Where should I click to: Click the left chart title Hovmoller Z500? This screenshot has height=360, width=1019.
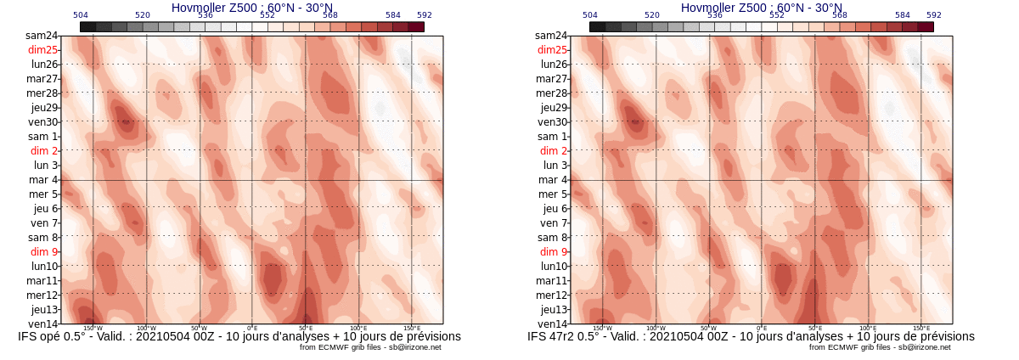pyautogui.click(x=251, y=8)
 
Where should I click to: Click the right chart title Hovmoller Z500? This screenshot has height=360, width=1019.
pyautogui.click(x=761, y=8)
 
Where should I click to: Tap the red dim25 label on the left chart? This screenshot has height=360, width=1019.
pyautogui.click(x=42, y=50)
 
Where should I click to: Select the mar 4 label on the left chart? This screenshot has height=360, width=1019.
pyautogui.click(x=43, y=180)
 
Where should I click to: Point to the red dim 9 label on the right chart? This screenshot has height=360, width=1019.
pyautogui.click(x=553, y=252)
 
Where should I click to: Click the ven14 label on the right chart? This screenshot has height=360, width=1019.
pyautogui.click(x=552, y=324)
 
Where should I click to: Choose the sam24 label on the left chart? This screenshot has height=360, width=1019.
pyautogui.click(x=42, y=36)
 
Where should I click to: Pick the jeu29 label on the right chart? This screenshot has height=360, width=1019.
pyautogui.click(x=554, y=108)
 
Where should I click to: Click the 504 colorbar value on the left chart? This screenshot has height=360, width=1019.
pyautogui.click(x=81, y=15)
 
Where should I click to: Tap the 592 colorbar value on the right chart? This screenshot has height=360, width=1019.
pyautogui.click(x=934, y=15)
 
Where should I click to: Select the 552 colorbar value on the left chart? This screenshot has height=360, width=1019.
pyautogui.click(x=267, y=15)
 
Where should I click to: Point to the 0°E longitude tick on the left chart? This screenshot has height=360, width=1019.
pyautogui.click(x=252, y=328)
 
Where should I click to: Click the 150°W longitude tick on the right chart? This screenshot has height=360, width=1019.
pyautogui.click(x=602, y=328)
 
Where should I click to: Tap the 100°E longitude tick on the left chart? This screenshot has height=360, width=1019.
pyautogui.click(x=358, y=328)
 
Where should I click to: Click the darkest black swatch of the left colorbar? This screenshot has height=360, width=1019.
pyautogui.click(x=87, y=27)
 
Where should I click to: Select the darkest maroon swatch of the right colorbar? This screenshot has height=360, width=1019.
pyautogui.click(x=926, y=27)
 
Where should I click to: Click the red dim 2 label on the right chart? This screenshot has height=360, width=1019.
pyautogui.click(x=554, y=151)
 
